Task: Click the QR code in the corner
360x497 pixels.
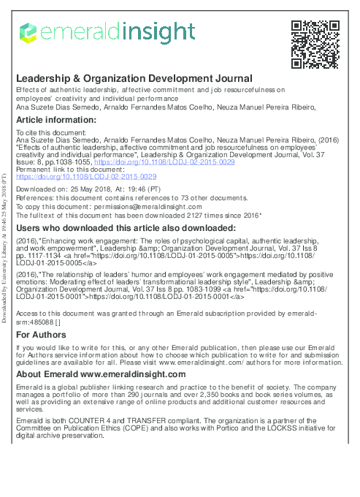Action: coord(315,44)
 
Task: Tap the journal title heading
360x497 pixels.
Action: coord(134,78)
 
